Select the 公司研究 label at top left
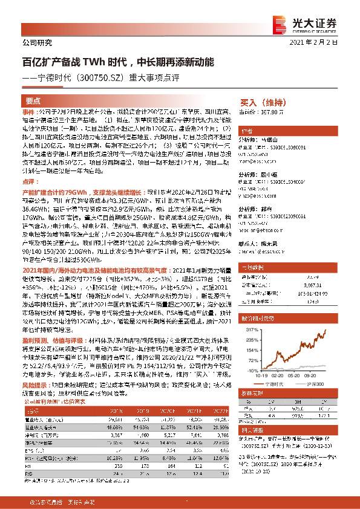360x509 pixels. pos(37,42)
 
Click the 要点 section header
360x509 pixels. pos(34,101)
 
